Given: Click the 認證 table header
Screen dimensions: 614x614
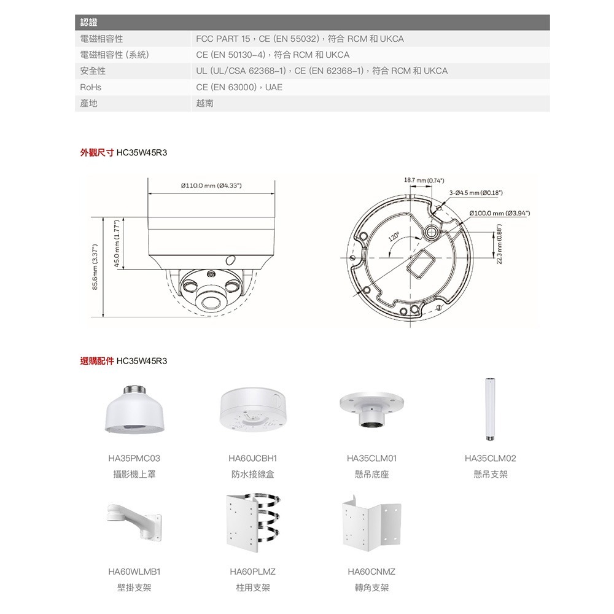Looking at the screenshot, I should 90,23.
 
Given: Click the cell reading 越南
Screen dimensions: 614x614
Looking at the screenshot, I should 204,104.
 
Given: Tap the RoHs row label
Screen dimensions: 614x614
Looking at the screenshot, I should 90,88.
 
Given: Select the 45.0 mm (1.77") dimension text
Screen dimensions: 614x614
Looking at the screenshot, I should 116,243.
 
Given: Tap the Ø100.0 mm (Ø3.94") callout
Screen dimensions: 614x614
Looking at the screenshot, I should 499,212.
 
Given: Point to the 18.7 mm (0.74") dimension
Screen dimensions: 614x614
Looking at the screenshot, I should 424,181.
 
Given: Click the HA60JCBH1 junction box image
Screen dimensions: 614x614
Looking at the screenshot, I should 252,411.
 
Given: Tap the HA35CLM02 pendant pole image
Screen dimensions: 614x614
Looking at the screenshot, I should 490,408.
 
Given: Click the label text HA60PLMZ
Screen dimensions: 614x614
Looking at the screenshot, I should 253,572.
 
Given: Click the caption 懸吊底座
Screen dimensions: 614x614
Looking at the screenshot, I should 371,475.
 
